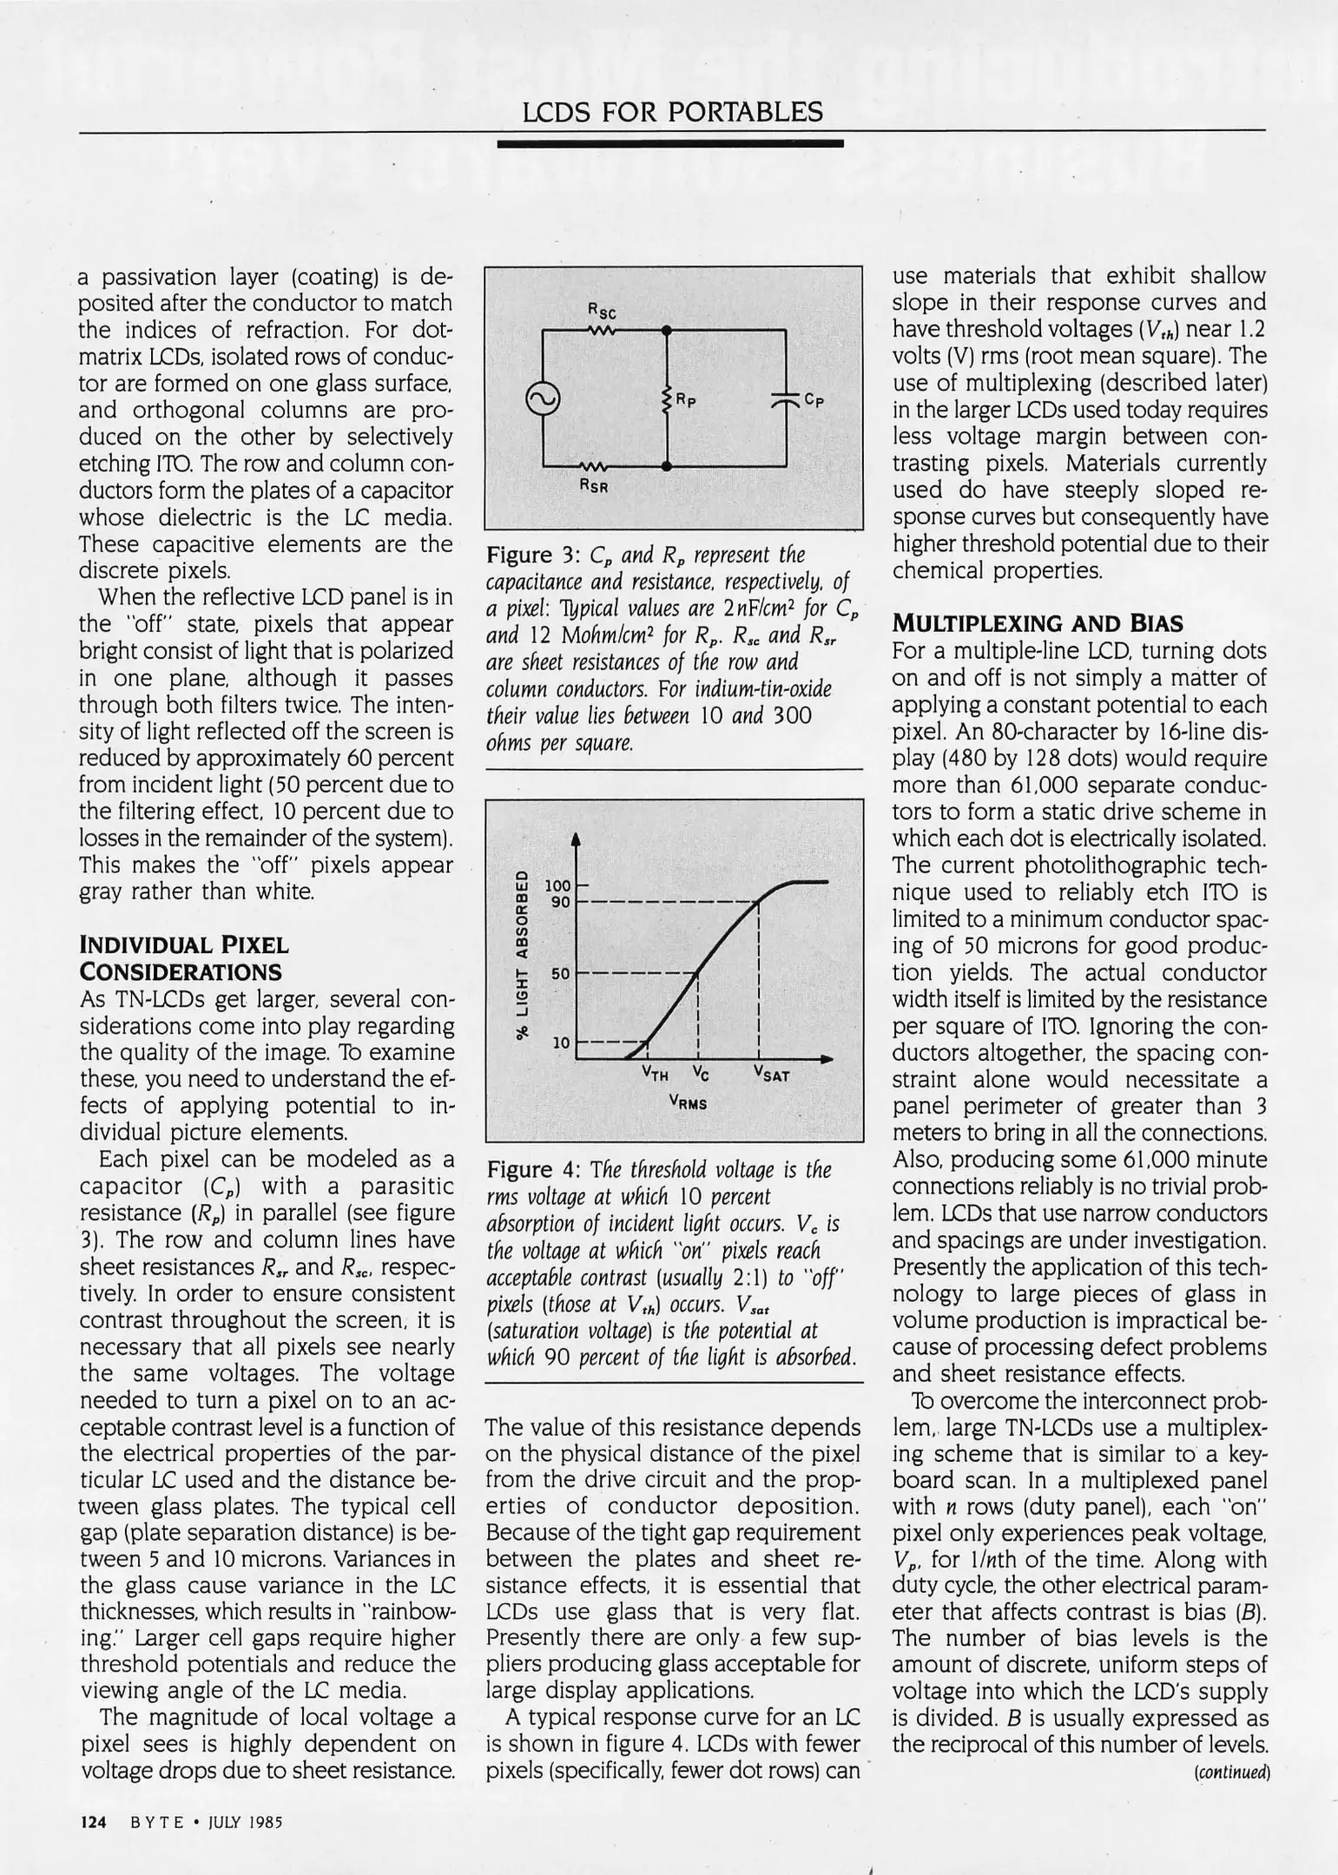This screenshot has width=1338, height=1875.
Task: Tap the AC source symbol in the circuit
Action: pyautogui.click(x=543, y=399)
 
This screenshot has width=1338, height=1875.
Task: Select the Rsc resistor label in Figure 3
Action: pyautogui.click(x=602, y=312)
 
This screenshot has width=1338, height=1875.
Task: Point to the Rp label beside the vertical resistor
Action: pyautogui.click(x=686, y=401)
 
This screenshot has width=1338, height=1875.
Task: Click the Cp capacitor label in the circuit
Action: pyautogui.click(x=814, y=400)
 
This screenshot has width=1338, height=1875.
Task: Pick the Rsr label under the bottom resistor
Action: pyautogui.click(x=596, y=487)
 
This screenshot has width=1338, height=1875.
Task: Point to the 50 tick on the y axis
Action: pyautogui.click(x=561, y=973)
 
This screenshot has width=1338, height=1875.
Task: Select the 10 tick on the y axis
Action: pyautogui.click(x=561, y=1042)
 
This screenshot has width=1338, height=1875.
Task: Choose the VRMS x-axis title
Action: pyautogui.click(x=688, y=1103)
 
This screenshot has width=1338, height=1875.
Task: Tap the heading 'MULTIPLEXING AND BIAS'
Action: pyautogui.click(x=1038, y=623)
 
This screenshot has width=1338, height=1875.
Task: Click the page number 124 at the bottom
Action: pyautogui.click(x=92, y=1824)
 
